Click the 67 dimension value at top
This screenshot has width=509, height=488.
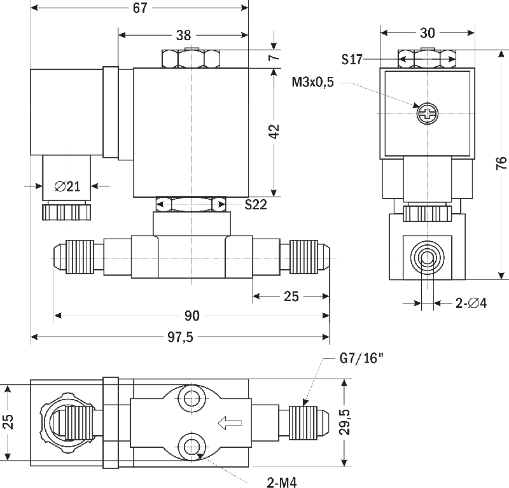coord(140,8)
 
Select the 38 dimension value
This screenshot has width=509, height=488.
coord(183,35)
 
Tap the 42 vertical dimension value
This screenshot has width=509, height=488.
coord(274,131)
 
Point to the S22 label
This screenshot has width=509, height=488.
coord(256,204)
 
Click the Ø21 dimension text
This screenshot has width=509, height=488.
coord(67,186)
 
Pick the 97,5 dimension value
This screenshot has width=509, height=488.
coord(180,337)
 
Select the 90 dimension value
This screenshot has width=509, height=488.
coord(192,316)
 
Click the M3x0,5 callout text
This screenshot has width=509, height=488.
coord(312,82)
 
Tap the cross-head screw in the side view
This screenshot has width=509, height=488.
coord(427,114)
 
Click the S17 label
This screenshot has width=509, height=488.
coord(352,59)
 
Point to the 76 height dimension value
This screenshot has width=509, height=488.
coord(501,163)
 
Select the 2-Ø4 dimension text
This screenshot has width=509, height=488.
coord(471,303)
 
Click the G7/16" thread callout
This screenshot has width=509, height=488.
coord(361,358)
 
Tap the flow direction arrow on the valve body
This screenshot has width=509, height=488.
coord(230,423)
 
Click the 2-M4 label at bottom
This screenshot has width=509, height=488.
coord(282,482)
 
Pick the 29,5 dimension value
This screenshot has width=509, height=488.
coord(345,422)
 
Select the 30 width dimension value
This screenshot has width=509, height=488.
coord(427,33)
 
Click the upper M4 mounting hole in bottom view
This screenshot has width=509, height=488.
coord(192,398)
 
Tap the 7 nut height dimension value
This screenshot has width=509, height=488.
coord(274,57)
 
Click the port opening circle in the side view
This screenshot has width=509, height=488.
coord(427,258)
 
